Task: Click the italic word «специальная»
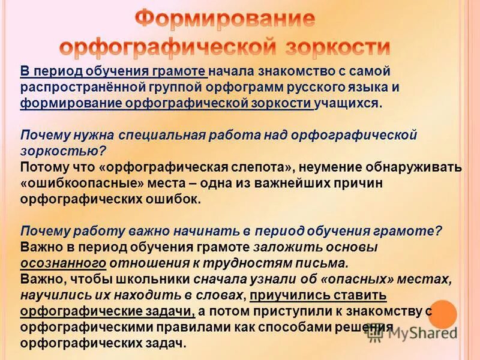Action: pyautogui.click(x=161, y=134)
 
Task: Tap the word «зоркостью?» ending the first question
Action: pyautogui.click(x=64, y=150)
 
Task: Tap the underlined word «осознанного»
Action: pyautogui.click(x=64, y=263)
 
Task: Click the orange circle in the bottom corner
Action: pyautogui.click(x=443, y=314)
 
